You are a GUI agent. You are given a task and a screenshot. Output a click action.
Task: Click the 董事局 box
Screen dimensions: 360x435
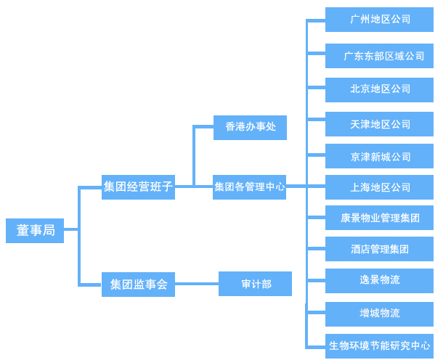coord(35,230)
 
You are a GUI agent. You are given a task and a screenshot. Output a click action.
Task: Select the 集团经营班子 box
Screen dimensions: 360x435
coord(138,187)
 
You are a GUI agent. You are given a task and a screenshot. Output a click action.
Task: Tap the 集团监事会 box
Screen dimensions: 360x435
coord(138,285)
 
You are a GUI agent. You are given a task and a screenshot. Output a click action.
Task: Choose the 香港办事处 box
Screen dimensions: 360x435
coord(250,127)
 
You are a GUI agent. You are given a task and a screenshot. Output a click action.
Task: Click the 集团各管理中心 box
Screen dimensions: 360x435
coord(249,187)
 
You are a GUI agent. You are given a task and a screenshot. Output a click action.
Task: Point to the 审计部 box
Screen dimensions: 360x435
coord(255,284)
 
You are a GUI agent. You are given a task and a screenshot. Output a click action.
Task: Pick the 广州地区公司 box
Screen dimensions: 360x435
coord(379,20)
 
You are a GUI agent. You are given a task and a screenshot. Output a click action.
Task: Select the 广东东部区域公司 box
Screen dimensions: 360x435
coord(379,56)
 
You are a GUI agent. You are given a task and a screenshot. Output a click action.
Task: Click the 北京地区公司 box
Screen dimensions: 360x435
coord(379,89)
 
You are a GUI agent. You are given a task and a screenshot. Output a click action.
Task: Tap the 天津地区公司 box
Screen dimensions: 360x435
coord(379,124)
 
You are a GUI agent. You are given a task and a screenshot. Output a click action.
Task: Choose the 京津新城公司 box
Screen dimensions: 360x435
coord(379,156)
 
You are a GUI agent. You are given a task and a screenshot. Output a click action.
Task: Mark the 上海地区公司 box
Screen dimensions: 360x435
coord(379,187)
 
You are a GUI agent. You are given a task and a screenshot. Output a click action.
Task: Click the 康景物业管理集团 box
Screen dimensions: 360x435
coord(379,218)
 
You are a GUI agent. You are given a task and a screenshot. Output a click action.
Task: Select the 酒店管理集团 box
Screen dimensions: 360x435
coord(379,249)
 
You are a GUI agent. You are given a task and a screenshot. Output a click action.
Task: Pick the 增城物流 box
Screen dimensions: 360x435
coord(379,314)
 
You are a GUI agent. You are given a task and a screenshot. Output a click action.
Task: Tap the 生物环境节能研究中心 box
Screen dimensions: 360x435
coord(379,345)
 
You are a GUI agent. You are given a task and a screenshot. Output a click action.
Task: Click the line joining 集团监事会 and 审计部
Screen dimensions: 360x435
coord(197,284)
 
